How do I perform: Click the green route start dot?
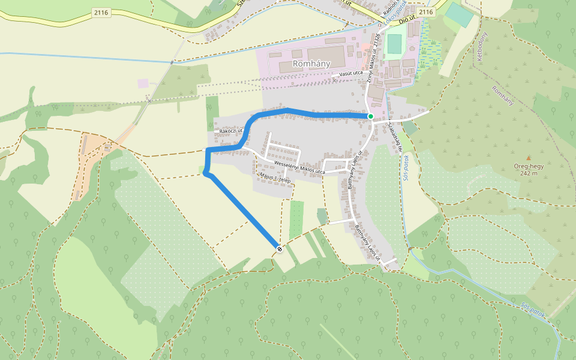(x=371, y=116)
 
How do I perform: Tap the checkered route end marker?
(x=280, y=248)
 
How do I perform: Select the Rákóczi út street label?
(x=231, y=131)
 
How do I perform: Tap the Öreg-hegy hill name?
(x=529, y=166)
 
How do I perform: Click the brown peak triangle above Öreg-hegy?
(x=529, y=158)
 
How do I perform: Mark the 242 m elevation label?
(x=529, y=173)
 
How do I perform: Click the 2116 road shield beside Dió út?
(x=425, y=12)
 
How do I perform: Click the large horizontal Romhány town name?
(x=310, y=63)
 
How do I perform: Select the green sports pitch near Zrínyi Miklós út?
(x=394, y=44)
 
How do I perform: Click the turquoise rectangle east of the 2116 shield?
(x=459, y=15)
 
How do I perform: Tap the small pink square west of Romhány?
(x=143, y=83)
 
